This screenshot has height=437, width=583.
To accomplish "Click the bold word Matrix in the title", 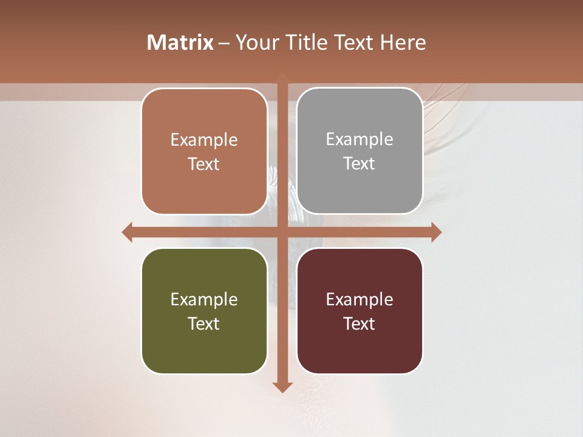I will click(180, 42).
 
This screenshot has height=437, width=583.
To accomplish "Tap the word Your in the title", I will click(256, 42).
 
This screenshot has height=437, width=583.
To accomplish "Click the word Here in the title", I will click(403, 42).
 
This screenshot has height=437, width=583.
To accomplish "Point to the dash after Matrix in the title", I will click(224, 43).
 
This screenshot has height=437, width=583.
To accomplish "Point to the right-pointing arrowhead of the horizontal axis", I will click(436, 232).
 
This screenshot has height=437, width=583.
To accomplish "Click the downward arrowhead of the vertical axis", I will click(282, 387).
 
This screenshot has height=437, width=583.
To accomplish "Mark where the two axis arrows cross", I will click(282, 232).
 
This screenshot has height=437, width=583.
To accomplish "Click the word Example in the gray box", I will click(360, 140).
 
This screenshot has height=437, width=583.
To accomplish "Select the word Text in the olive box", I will click(204, 324).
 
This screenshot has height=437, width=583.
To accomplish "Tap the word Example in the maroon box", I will click(360, 299).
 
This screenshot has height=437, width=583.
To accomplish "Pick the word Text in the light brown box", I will click(204, 164).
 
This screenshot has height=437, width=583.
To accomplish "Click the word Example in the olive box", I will click(204, 299).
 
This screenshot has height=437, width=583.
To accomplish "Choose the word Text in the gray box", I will click(360, 164).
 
